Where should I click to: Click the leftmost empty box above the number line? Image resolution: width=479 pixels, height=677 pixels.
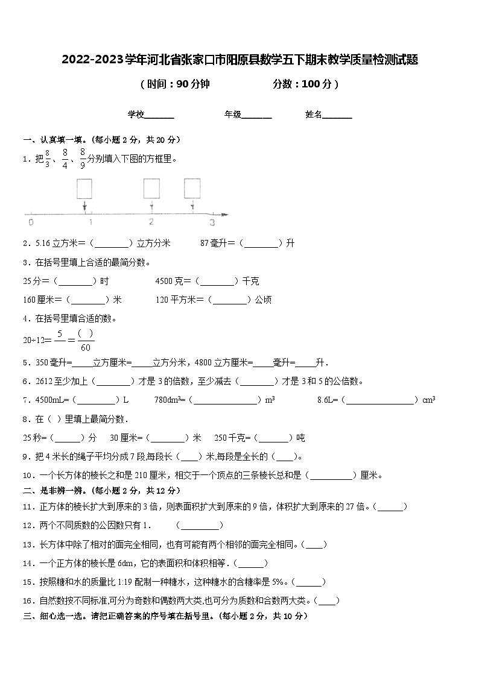click(84, 188)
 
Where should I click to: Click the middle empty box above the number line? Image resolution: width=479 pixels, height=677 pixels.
click(151, 188)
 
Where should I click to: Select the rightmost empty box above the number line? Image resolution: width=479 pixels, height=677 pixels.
click(192, 188)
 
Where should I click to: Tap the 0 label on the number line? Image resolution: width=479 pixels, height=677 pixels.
click(31, 222)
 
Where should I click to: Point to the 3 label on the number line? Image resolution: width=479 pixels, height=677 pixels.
click(212, 222)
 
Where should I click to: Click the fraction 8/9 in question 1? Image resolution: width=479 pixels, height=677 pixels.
click(82, 159)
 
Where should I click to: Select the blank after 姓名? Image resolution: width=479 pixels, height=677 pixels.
click(337, 115)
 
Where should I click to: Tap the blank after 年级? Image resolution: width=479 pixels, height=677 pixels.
click(256, 115)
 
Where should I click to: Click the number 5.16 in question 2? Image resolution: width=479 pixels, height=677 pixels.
click(42, 243)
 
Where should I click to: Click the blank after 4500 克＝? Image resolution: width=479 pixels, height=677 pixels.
click(218, 281)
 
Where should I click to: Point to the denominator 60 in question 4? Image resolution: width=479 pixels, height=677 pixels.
click(85, 347)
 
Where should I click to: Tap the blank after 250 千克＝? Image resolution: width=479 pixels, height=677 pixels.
click(273, 438)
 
